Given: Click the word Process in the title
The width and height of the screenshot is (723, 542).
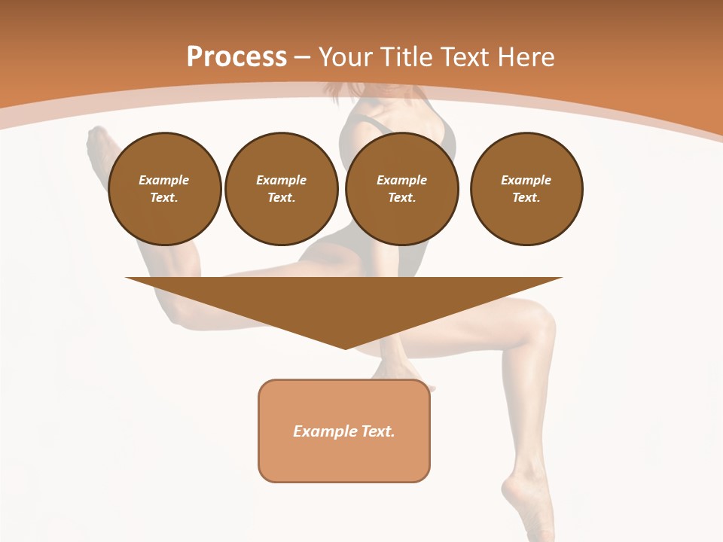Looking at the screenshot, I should [x=236, y=57].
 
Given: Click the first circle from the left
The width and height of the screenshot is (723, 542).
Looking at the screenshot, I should [x=164, y=189].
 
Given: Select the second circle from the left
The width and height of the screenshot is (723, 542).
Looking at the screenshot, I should [x=281, y=189].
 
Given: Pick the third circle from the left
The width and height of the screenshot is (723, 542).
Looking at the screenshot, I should [x=401, y=189].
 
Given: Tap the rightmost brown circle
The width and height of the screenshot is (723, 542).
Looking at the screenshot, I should [x=526, y=189].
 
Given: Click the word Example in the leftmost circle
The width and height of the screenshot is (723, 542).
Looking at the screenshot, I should [x=164, y=180].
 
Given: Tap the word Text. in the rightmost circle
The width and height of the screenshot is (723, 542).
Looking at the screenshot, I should [x=526, y=198].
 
